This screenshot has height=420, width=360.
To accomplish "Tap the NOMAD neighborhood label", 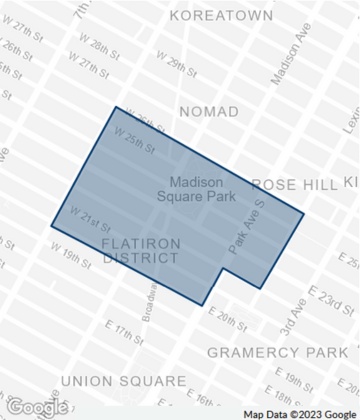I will pos(209,111).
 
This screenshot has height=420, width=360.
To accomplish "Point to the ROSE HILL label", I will pos(291,184).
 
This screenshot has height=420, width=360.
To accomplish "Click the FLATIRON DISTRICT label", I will pos(140,250).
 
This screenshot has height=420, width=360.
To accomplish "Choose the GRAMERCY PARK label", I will pos(276,353).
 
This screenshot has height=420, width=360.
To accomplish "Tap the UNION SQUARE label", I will pos(123,381).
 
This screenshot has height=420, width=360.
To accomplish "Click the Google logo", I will pos(37,407).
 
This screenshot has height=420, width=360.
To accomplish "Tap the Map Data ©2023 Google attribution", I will pos(299,413).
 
